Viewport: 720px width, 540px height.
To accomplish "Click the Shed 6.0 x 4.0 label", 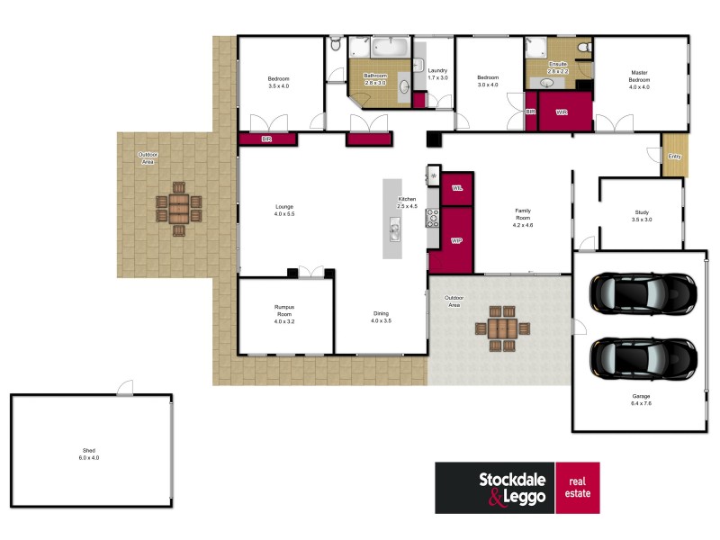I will tap(88, 454).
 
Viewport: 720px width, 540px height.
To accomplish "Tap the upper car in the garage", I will tap(643, 291).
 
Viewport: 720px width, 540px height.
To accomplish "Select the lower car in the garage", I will tap(643, 358).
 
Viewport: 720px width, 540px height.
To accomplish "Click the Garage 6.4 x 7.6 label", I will tap(642, 400).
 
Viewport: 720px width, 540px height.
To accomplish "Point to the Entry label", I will tap(674, 157).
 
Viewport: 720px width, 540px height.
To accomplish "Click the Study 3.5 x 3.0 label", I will tap(642, 216).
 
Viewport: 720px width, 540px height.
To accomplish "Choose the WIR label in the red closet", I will tap(562, 112).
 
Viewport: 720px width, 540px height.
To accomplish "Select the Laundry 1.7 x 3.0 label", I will tap(438, 74).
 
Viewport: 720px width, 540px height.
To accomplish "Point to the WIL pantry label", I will tap(457, 188).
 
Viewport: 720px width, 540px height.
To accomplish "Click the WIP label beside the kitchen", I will tap(455, 240).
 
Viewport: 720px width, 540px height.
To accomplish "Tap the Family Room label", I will tap(523, 217).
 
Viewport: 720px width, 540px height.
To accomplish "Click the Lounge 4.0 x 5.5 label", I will tap(284, 211).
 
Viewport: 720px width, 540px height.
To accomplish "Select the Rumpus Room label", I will tap(284, 314).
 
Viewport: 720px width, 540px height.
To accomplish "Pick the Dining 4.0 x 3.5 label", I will tap(382, 317).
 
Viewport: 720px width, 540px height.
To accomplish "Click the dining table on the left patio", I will tap(178, 210).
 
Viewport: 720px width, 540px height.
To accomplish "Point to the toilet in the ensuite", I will tap(583, 47).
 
